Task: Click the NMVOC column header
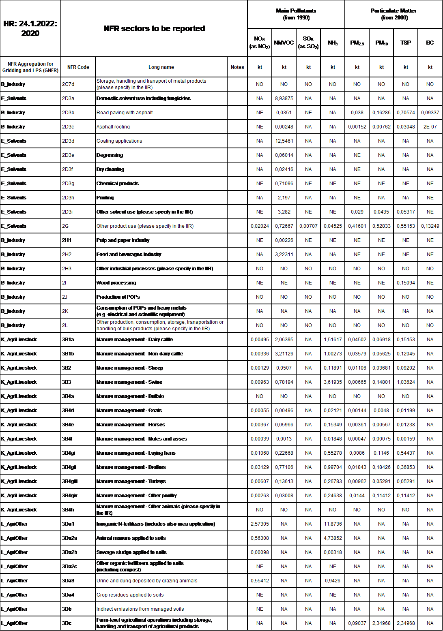(284, 43)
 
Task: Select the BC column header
(430, 43)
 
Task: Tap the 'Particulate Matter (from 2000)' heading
(394, 14)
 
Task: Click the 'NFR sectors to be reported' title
(154, 28)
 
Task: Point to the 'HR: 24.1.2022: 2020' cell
(30, 28)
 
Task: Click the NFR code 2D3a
(68, 98)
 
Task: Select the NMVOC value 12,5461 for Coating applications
(284, 141)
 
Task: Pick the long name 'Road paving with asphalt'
(125, 113)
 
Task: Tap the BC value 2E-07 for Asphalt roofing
(430, 127)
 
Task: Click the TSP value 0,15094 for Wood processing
(406, 283)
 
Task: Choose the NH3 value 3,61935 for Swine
(333, 382)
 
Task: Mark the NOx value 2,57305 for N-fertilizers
(260, 524)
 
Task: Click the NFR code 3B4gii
(69, 467)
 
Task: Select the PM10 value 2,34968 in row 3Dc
(381, 623)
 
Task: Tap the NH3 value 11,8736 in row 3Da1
(333, 524)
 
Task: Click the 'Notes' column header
(237, 67)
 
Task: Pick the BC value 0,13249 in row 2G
(430, 226)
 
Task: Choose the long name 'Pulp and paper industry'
(123, 240)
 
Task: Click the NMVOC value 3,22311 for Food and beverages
(284, 255)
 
